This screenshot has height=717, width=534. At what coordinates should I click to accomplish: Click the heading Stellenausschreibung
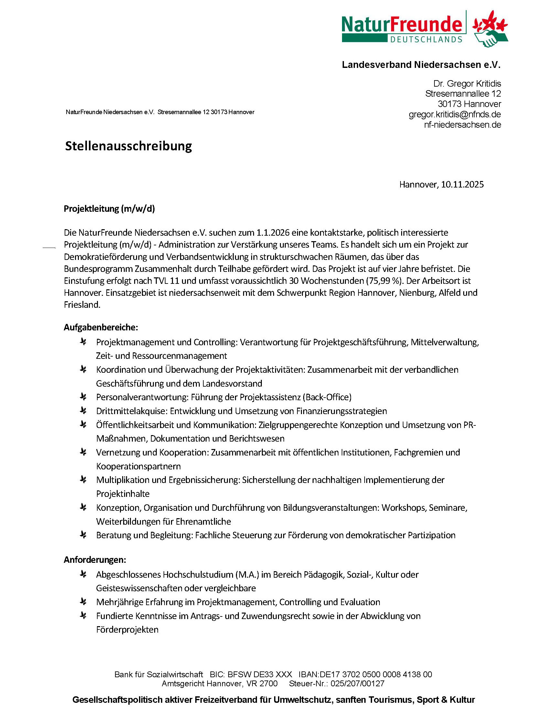pos(128,146)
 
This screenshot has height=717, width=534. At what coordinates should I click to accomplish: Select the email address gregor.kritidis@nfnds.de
pos(455,114)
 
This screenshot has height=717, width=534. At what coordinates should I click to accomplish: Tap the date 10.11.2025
pos(462,185)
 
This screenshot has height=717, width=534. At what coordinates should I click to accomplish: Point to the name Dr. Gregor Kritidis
pos(467,84)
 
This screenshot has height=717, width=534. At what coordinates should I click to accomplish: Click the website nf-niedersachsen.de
pos(463,125)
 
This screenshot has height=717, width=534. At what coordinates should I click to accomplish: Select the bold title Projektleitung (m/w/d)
pos(109,209)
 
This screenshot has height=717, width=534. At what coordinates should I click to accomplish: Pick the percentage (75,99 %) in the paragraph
pos(385,281)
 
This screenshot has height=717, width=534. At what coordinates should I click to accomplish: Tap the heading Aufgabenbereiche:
pos(101,327)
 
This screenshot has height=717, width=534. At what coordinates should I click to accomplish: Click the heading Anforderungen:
pos(95,560)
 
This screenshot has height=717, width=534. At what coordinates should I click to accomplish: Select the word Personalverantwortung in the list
pos(142,397)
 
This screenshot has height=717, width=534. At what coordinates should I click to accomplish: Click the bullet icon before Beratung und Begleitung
pos(83,535)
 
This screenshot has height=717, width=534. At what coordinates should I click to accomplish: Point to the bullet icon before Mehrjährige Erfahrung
pos(83,602)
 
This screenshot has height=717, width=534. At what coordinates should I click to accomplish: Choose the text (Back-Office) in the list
pos(327,397)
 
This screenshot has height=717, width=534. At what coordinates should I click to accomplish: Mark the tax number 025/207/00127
pos(357,684)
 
